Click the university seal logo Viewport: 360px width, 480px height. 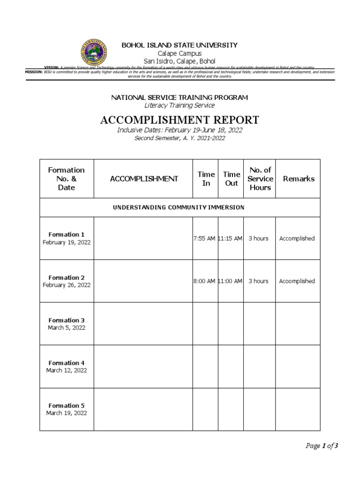point(94,52)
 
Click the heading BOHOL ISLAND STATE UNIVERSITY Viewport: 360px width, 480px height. point(180,45)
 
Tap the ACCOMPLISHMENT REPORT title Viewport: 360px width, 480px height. point(180,120)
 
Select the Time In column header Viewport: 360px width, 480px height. point(206,179)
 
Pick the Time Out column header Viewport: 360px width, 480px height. point(231,179)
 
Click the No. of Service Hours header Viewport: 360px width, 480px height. point(260,179)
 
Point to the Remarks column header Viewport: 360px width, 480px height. point(299,179)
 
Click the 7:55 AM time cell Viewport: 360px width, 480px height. point(204,239)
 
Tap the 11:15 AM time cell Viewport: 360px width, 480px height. point(231,239)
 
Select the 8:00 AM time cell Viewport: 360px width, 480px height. point(204,281)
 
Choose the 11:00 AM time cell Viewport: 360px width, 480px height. point(231,281)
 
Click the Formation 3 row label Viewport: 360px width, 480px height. point(67,320)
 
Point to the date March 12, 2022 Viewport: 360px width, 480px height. point(67,370)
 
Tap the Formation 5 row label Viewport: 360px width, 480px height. point(67,405)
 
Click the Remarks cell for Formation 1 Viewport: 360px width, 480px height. point(297,239)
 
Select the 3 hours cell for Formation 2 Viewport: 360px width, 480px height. point(258,281)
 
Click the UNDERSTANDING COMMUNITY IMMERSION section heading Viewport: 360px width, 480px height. point(179,207)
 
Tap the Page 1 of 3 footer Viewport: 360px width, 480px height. point(322,446)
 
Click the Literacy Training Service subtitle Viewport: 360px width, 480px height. point(180,105)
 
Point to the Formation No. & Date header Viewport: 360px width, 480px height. point(67,179)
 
